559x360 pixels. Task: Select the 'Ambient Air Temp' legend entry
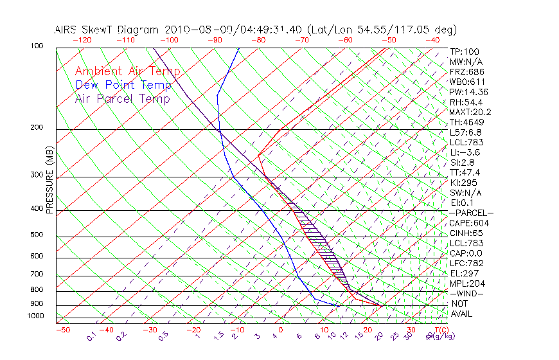coord(127,71)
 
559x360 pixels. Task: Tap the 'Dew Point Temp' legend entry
coord(123,85)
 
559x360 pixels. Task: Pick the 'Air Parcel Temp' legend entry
coord(122,98)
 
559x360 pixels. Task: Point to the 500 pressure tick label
coord(37,235)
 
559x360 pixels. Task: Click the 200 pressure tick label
coord(37,127)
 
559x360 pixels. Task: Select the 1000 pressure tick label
coord(35,316)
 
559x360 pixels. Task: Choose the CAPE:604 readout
coord(469,223)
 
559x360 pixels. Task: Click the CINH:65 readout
coord(468,233)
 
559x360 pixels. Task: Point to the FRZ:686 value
coord(467,71)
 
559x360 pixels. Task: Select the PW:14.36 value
coord(469,92)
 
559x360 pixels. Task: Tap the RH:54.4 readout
coord(467,102)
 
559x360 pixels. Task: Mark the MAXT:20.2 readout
coord(472,112)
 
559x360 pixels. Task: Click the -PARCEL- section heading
coord(472,213)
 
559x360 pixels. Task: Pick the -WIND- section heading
coord(467,293)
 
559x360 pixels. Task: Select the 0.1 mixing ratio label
coord(92,335)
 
